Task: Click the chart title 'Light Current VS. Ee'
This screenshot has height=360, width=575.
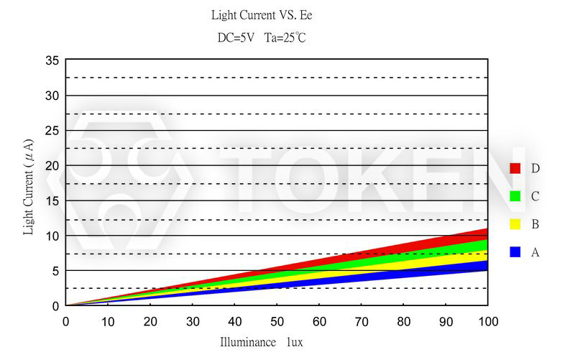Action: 262,15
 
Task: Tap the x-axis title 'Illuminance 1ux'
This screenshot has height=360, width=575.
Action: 262,342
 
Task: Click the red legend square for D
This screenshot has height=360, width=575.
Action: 515,168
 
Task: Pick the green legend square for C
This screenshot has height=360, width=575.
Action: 515,196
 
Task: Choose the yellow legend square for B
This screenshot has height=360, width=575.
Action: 515,224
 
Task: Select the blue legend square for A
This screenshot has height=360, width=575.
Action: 515,252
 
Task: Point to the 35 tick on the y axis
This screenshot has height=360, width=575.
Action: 52,60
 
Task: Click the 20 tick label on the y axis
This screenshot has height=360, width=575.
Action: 52,165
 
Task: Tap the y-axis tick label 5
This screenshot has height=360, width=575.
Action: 55,271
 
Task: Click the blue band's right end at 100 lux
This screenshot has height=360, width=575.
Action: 486,265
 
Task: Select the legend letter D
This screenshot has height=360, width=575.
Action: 535,168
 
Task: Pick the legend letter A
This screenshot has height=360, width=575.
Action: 535,252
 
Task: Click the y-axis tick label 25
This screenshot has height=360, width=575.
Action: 52,130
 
